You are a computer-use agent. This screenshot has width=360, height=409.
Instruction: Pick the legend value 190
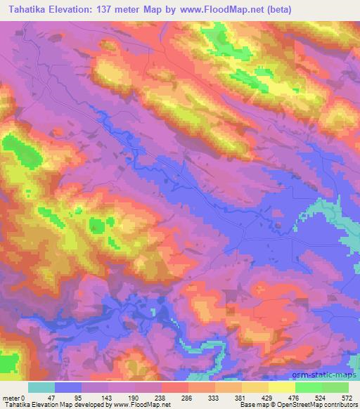click(134, 396)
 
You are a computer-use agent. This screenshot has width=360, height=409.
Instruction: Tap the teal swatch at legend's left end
click(41, 387)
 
